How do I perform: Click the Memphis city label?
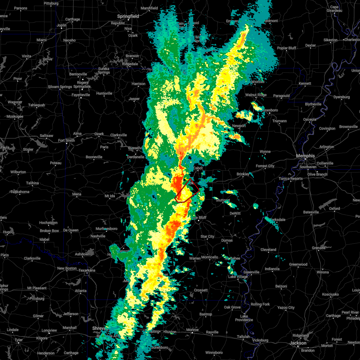point(305,156)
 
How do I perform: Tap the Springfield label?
point(128,16)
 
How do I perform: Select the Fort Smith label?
point(67,140)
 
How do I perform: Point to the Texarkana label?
point(87,270)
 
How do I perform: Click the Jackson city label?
point(298,343)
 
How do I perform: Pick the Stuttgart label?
point(223,200)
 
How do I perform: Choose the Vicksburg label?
point(260,340)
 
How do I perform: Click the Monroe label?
point(192,330)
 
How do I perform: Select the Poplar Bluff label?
point(286,48)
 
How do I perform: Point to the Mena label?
point(76,194)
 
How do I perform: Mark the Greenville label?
point(251,272)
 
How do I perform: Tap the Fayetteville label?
point(81,95)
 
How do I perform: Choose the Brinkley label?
point(243,174)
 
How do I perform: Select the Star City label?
point(207,236)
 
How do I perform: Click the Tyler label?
point(19,340)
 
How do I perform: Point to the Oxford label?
point(334,208)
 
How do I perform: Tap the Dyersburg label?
point(342,97)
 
